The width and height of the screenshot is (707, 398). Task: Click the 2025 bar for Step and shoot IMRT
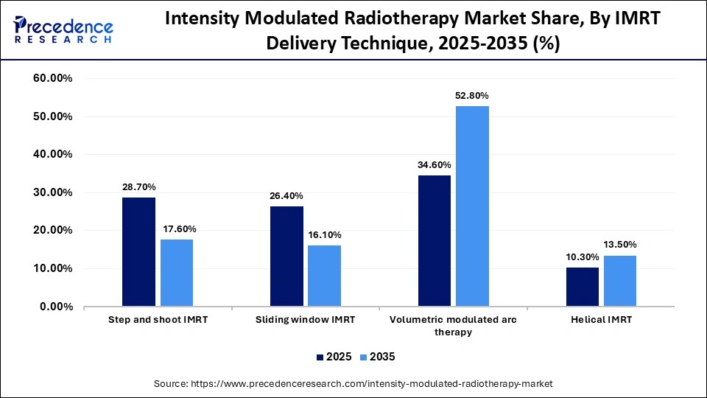click(x=139, y=251)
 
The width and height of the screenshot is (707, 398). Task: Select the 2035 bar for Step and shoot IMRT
click(x=177, y=273)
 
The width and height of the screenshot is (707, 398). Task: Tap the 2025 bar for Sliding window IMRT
click(x=286, y=256)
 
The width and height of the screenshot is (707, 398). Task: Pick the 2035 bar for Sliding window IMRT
click(x=324, y=276)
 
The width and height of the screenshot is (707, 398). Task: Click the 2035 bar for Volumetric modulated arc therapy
click(x=472, y=206)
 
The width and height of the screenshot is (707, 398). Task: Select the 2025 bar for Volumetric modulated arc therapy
click(x=435, y=240)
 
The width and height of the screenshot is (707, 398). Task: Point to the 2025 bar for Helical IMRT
click(x=583, y=287)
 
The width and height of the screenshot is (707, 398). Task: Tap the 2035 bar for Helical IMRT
click(x=620, y=281)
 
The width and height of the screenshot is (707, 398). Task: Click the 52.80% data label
click(x=472, y=96)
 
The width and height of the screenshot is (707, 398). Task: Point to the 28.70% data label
click(x=139, y=187)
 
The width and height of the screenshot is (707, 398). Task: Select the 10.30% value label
click(x=583, y=256)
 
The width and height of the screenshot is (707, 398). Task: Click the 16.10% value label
click(x=324, y=234)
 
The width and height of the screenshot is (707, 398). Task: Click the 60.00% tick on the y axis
click(x=52, y=78)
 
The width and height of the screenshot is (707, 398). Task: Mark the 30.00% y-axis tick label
click(x=52, y=192)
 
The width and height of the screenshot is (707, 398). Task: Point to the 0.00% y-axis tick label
click(x=55, y=307)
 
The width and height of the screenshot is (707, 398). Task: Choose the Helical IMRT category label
click(x=601, y=320)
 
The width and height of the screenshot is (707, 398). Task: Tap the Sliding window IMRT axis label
click(x=306, y=320)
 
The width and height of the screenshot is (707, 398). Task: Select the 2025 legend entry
click(x=333, y=357)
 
